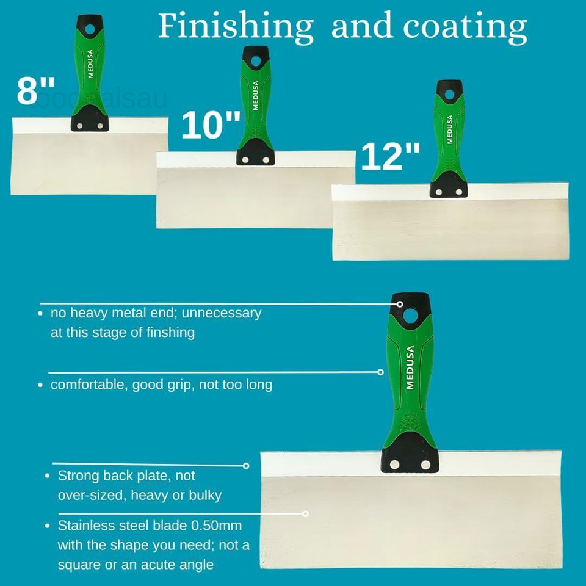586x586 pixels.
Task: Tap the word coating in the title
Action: pos(465,27)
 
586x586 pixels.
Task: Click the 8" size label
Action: pos(36,90)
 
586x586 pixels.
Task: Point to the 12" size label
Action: pos(391,157)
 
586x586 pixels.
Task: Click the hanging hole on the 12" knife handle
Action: pos(449,94)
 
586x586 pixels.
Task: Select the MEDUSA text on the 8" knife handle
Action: pos(90,64)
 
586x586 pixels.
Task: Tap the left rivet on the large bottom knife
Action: pos(395,465)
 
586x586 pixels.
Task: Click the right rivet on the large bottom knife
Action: pos(425,465)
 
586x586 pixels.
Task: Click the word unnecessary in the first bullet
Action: pos(222,313)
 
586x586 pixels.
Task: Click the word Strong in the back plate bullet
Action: pos(78,476)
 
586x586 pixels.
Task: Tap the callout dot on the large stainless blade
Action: pos(306,514)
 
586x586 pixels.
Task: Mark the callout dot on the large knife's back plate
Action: pos(246,466)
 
